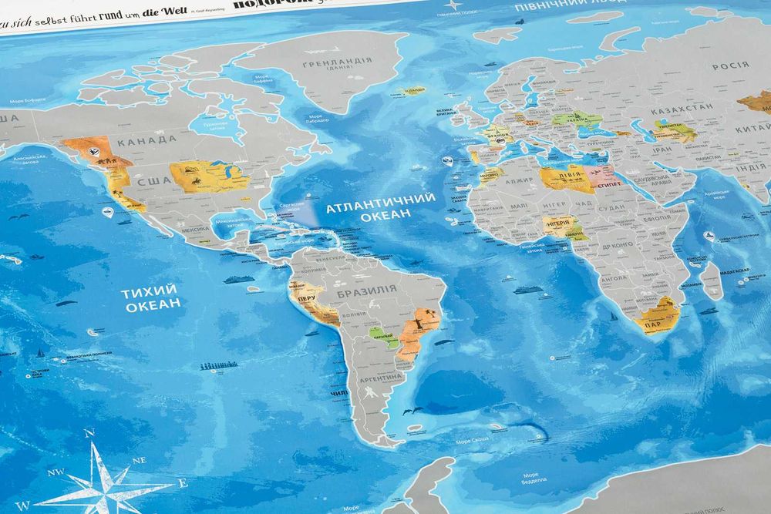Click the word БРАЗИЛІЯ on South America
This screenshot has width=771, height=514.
point(366,291)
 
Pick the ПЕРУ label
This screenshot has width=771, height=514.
point(306,298)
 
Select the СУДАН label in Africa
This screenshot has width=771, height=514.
point(611,207)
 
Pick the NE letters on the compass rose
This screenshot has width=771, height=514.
point(140,459)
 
